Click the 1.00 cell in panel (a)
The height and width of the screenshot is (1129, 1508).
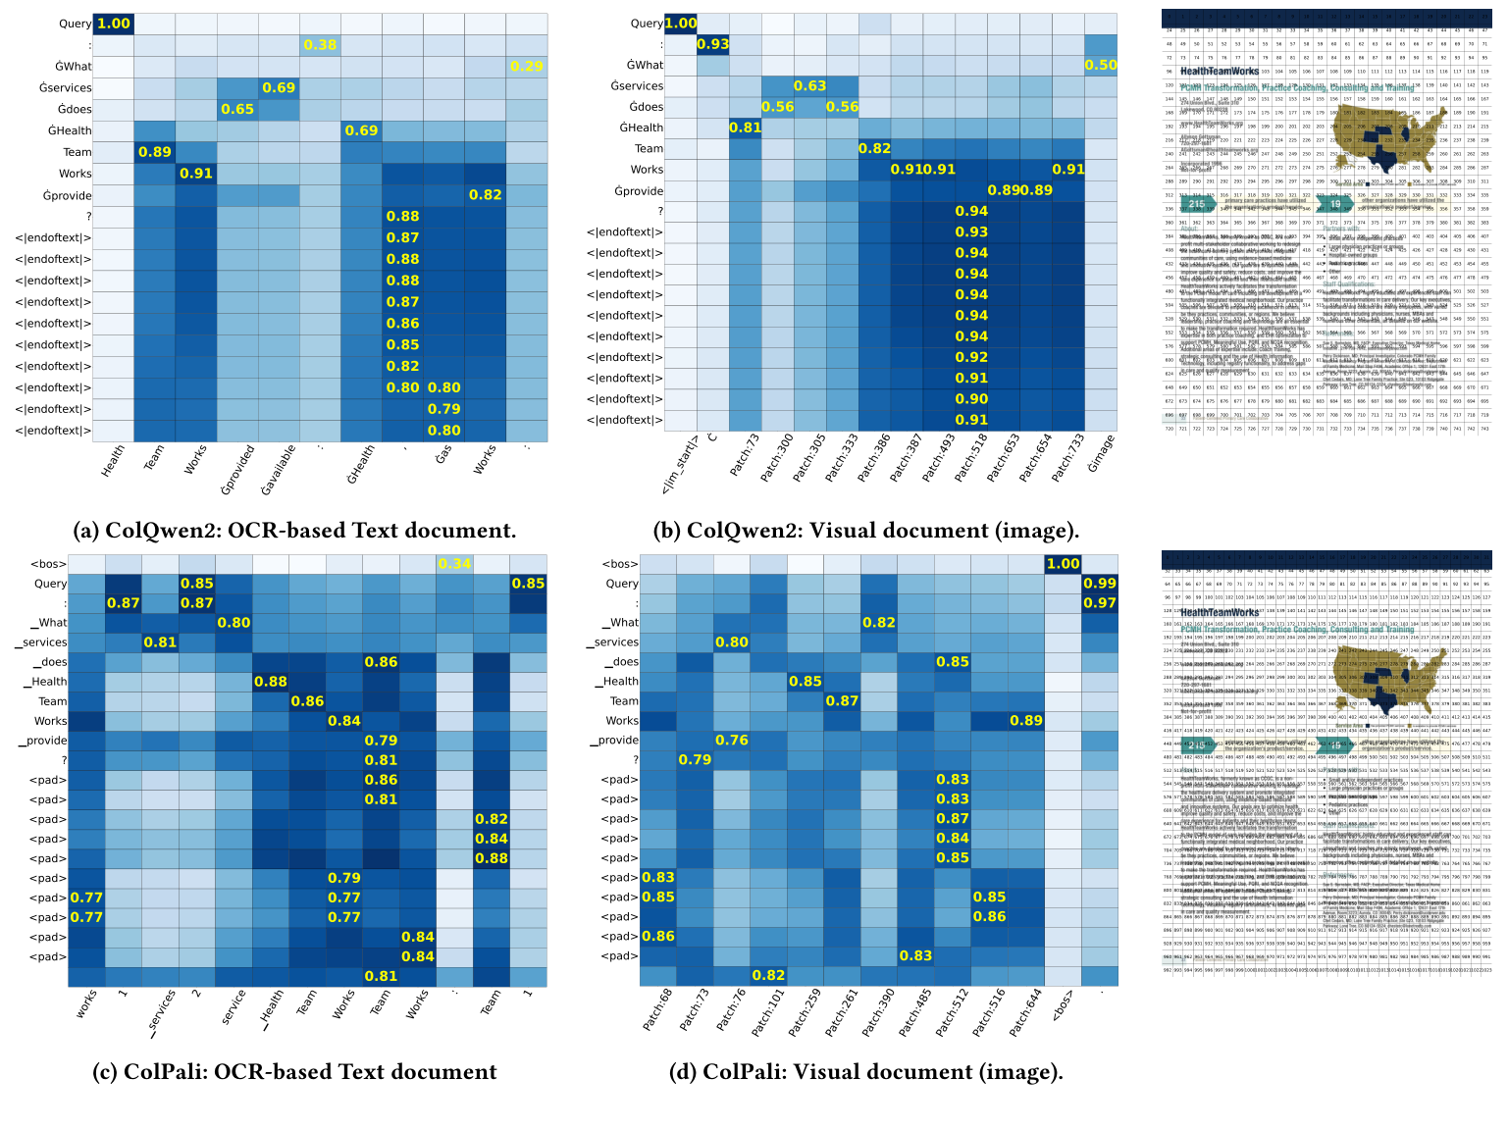(113, 24)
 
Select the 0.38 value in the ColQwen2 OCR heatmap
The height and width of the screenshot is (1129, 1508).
(320, 45)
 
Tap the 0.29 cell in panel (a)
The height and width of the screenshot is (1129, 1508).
(527, 66)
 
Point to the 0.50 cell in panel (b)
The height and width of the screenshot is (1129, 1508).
(1100, 65)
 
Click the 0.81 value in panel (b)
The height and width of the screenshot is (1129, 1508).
(745, 128)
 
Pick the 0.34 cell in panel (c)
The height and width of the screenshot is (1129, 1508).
(454, 563)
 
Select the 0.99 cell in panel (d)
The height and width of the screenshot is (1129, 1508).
(1100, 584)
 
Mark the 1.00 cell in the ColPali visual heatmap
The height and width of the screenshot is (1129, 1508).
(1063, 564)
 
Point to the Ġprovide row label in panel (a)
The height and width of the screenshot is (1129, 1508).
(67, 194)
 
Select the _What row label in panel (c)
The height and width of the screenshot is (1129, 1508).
(50, 623)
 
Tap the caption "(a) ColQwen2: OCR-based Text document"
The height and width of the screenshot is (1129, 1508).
(294, 531)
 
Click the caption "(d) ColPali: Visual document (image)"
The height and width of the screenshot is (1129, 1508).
(865, 1072)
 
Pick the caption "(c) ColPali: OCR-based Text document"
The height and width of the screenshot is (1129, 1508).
(294, 1072)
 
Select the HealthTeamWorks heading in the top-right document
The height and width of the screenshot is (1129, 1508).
(1219, 72)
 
